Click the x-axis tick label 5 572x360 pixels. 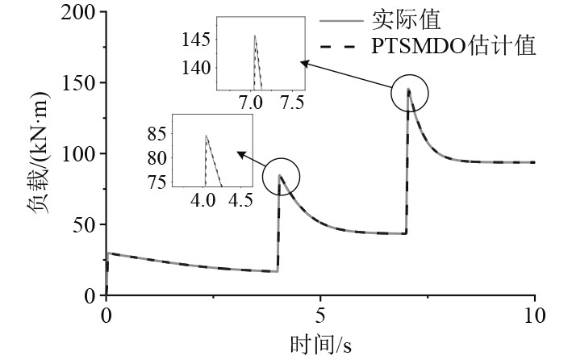320,314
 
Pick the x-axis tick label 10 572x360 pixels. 534,314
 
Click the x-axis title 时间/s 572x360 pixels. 320,345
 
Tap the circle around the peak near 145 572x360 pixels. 410,94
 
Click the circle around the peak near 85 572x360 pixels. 281,175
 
